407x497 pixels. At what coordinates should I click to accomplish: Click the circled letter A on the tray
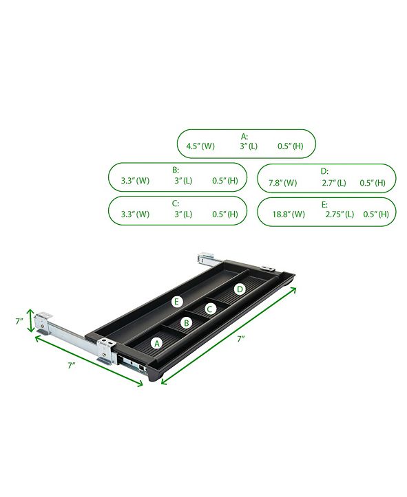tap(156, 342)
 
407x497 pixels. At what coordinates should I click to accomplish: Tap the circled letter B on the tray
tap(185, 322)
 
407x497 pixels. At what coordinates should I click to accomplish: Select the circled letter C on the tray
tap(211, 309)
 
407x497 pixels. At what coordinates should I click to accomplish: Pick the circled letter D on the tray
tap(239, 289)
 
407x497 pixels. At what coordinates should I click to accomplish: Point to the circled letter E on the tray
tap(177, 302)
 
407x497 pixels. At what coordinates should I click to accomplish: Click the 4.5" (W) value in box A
tap(200, 146)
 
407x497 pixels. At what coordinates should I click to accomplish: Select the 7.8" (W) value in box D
tap(282, 183)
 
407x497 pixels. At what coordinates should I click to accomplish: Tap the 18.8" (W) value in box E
tap(288, 214)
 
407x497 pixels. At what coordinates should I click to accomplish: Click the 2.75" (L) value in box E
tap(340, 214)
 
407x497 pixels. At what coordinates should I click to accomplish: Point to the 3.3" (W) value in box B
tap(134, 180)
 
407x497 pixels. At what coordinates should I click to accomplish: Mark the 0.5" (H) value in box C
tap(226, 214)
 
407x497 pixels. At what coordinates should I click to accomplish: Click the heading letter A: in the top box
tap(244, 136)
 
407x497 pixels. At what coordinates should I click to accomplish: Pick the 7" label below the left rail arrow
tap(72, 366)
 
